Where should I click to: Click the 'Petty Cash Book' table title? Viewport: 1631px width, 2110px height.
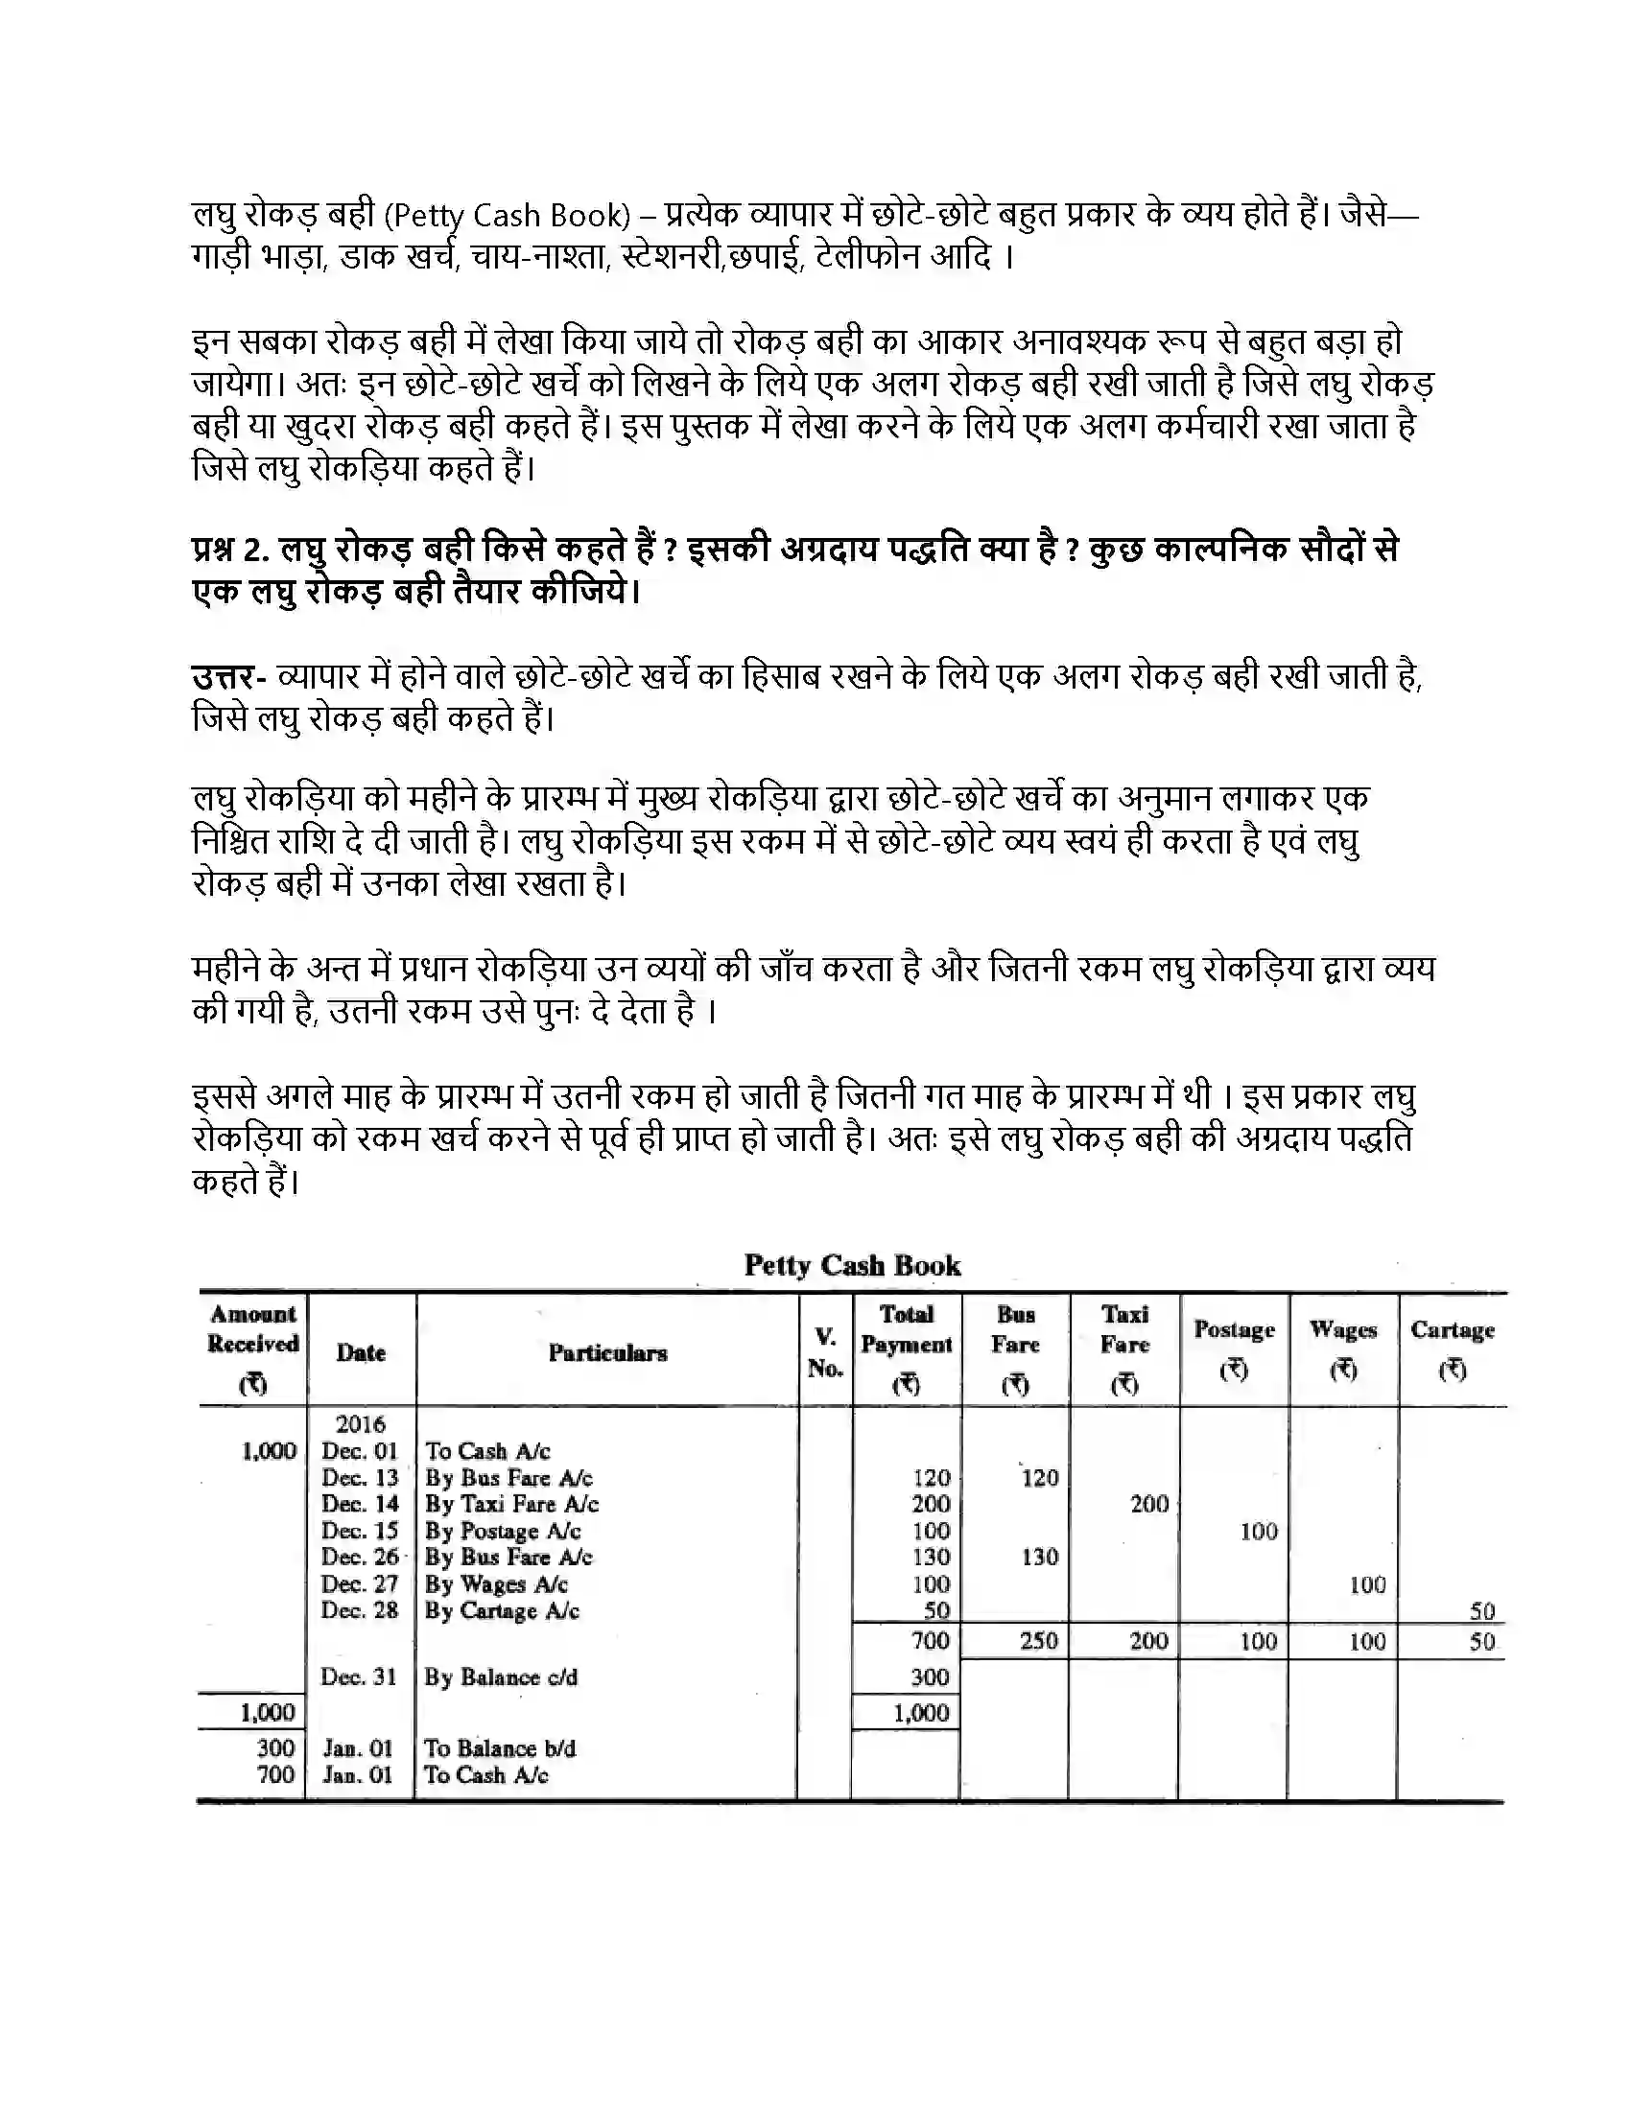[851, 1265]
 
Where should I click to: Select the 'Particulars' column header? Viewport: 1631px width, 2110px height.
[607, 1352]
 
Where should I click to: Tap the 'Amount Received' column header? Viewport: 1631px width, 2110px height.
[253, 1345]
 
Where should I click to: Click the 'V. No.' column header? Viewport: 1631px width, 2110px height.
[825, 1352]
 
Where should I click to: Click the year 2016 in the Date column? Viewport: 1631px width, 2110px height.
[361, 1424]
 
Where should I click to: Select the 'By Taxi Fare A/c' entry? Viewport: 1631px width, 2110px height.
[511, 1504]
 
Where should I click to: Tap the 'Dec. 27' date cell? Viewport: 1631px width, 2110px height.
[360, 1584]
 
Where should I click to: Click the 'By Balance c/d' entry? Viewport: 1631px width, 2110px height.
[501, 1677]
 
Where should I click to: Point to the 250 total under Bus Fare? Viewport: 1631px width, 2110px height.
[1039, 1640]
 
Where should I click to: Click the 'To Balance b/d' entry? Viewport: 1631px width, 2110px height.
[500, 1747]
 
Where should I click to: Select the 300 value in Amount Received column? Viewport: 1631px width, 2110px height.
[275, 1747]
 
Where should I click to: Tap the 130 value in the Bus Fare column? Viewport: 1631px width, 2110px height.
[1040, 1558]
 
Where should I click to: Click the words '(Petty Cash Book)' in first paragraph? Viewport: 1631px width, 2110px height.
[507, 215]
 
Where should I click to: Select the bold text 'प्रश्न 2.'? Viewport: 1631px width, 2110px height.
[230, 550]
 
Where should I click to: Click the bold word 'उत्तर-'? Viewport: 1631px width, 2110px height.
[229, 676]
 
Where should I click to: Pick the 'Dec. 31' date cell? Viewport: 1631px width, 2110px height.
[359, 1677]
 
